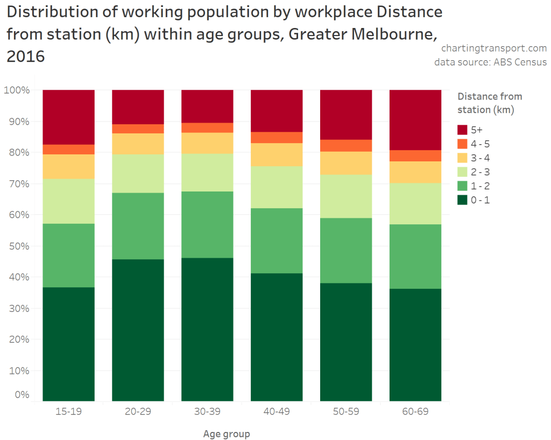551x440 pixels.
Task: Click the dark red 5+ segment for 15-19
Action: tap(69, 117)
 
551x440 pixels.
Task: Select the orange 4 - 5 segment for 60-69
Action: tap(415, 155)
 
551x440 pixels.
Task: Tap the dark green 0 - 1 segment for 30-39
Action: tap(207, 329)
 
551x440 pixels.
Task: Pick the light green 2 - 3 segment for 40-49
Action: tap(277, 187)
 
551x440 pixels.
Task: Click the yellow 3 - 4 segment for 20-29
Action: tap(138, 144)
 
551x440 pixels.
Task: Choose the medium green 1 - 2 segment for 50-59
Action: tap(346, 250)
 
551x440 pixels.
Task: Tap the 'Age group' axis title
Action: tap(227, 434)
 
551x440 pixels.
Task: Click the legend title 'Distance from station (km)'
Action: tap(489, 103)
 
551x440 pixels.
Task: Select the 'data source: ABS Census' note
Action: tap(490, 62)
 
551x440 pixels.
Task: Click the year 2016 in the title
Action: tap(25, 56)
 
